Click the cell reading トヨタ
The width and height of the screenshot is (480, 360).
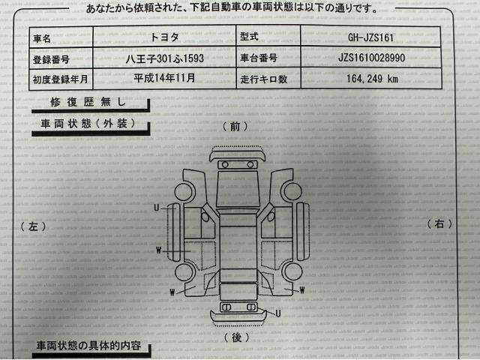[164, 37]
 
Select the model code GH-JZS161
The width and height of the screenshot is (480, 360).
[370, 37]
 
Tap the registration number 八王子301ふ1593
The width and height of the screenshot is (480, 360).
[165, 58]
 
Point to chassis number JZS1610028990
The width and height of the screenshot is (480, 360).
[371, 58]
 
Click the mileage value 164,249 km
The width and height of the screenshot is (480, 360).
[372, 79]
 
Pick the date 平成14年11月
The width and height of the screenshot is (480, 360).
[164, 78]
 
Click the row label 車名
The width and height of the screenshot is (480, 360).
[42, 38]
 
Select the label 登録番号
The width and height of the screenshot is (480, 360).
[51, 59]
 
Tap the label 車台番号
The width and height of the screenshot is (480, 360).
[259, 58]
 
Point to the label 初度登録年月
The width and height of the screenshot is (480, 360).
[60, 79]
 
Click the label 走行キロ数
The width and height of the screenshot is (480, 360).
[263, 79]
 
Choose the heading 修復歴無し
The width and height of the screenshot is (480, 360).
[88, 102]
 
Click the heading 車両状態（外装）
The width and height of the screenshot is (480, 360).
[88, 123]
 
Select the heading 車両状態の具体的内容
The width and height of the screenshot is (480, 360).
[88, 346]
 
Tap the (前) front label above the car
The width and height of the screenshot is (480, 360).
[235, 126]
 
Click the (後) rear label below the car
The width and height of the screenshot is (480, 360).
[236, 337]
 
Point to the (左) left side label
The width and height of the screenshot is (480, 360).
[33, 226]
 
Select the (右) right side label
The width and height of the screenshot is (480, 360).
[439, 223]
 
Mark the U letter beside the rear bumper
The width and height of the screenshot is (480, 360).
[278, 313]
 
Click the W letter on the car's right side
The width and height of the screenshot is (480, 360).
[302, 290]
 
